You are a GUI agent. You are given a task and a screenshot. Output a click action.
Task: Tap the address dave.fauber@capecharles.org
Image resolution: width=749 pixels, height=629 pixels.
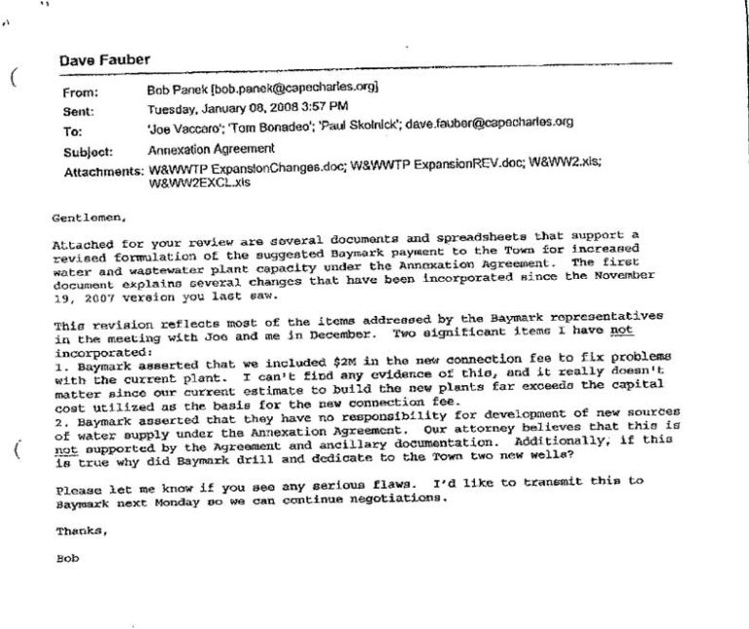coord(490,123)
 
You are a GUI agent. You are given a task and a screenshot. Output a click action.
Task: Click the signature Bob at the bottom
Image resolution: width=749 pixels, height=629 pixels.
coord(68,563)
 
